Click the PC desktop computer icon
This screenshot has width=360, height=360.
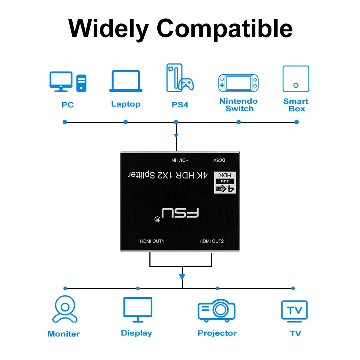tap(68, 82)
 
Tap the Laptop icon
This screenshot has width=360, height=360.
tap(126, 81)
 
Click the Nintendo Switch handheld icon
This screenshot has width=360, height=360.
tap(238, 83)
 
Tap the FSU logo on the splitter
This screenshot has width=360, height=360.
tap(180, 213)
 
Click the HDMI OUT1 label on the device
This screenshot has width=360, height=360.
tap(152, 241)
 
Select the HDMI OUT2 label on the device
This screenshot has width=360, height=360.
tap(211, 241)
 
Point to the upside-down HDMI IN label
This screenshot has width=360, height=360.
tap(180, 160)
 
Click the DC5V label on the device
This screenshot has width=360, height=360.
tap(219, 160)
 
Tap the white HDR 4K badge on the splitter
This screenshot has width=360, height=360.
tap(225, 183)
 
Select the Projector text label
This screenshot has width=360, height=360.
tap(217, 333)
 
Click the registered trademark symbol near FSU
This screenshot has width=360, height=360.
tap(157, 219)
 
